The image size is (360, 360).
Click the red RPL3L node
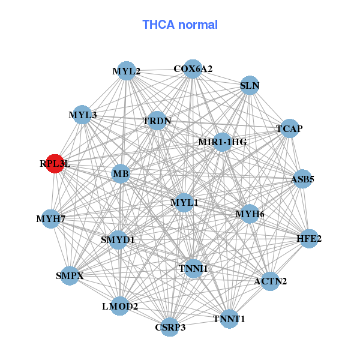click(55, 163)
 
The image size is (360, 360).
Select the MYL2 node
click(126, 71)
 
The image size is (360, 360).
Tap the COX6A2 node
click(193, 69)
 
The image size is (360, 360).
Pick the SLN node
click(249, 85)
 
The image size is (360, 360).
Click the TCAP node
click(289, 128)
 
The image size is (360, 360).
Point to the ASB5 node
click(302, 179)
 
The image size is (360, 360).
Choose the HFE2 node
click(309, 239)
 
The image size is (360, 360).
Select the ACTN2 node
click(270, 280)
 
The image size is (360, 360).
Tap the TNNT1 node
click(229, 319)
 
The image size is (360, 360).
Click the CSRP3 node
click(170, 327)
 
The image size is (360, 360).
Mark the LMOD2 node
click(120, 307)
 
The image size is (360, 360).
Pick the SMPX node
click(70, 276)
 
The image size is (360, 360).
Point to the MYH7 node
click(51, 218)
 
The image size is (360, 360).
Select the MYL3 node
click(82, 115)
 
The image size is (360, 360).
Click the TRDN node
click(157, 121)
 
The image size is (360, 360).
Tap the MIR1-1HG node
click(222, 142)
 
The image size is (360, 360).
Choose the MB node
click(121, 175)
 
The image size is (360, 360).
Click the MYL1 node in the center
click(184, 203)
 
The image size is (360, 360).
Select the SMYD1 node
click(118, 240)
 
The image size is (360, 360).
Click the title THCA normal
click(180, 25)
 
